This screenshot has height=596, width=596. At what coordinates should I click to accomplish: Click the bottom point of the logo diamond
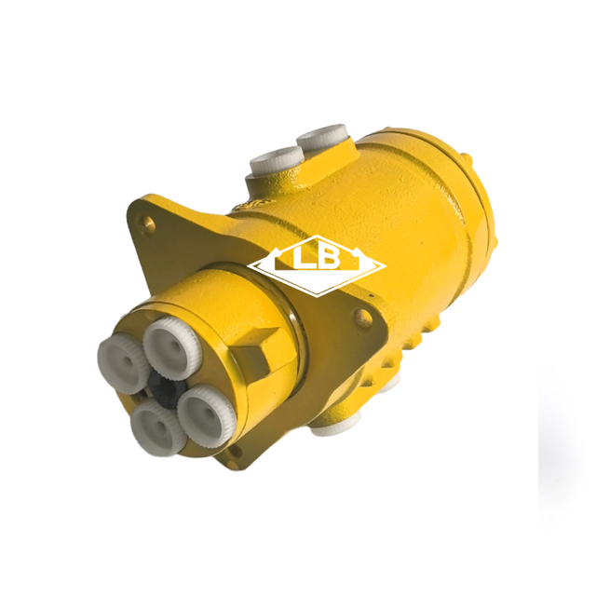(317, 293)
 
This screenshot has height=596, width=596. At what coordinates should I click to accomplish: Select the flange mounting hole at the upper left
(146, 222)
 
